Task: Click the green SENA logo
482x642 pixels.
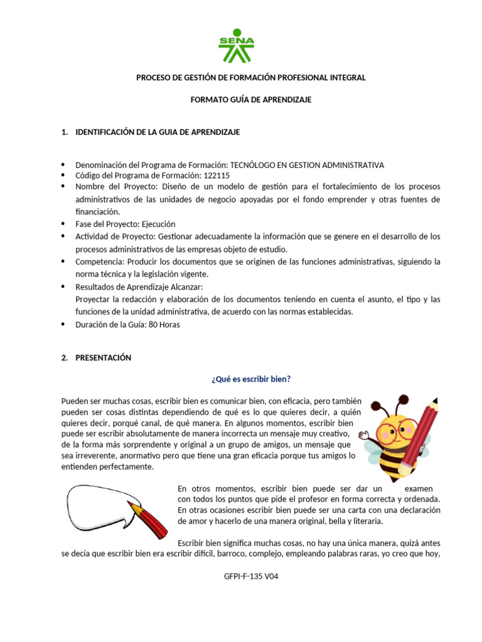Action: pos(236,45)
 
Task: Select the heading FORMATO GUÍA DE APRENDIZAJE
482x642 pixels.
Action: pos(251,100)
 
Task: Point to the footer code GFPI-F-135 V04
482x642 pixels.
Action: pos(250,577)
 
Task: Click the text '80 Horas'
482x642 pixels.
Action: pos(164,325)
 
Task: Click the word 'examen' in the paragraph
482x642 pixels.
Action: pos(418,488)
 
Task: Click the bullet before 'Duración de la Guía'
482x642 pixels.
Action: pos(65,325)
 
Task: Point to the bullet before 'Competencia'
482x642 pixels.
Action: pos(65,261)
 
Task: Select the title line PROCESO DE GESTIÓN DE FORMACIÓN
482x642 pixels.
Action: pos(251,77)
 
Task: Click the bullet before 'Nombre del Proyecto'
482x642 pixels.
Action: pos(65,187)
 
